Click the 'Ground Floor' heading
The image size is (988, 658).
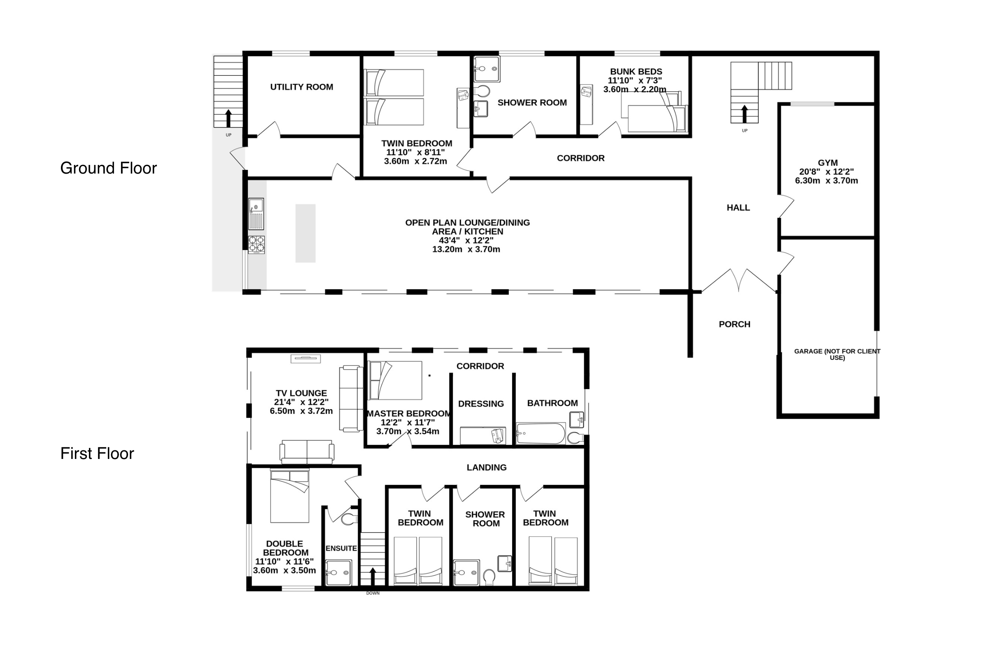click(108, 168)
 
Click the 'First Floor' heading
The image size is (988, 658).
click(97, 454)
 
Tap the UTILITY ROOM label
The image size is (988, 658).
click(302, 87)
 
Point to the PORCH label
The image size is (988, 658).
click(734, 324)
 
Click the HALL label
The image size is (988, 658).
click(738, 208)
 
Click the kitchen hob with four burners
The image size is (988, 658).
click(256, 245)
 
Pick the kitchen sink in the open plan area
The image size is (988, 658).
click(256, 214)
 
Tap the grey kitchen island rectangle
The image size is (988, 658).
click(305, 233)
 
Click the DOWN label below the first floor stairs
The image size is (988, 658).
click(373, 593)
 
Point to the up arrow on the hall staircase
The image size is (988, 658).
click(744, 114)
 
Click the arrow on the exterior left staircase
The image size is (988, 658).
click(228, 118)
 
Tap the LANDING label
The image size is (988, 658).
click(487, 468)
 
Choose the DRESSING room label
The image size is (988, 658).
click(481, 404)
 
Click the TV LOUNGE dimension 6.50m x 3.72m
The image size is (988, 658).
click(301, 411)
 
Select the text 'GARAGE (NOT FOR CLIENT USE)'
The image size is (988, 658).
click(837, 354)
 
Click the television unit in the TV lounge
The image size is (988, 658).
click(306, 359)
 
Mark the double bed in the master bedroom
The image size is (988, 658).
click(395, 380)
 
